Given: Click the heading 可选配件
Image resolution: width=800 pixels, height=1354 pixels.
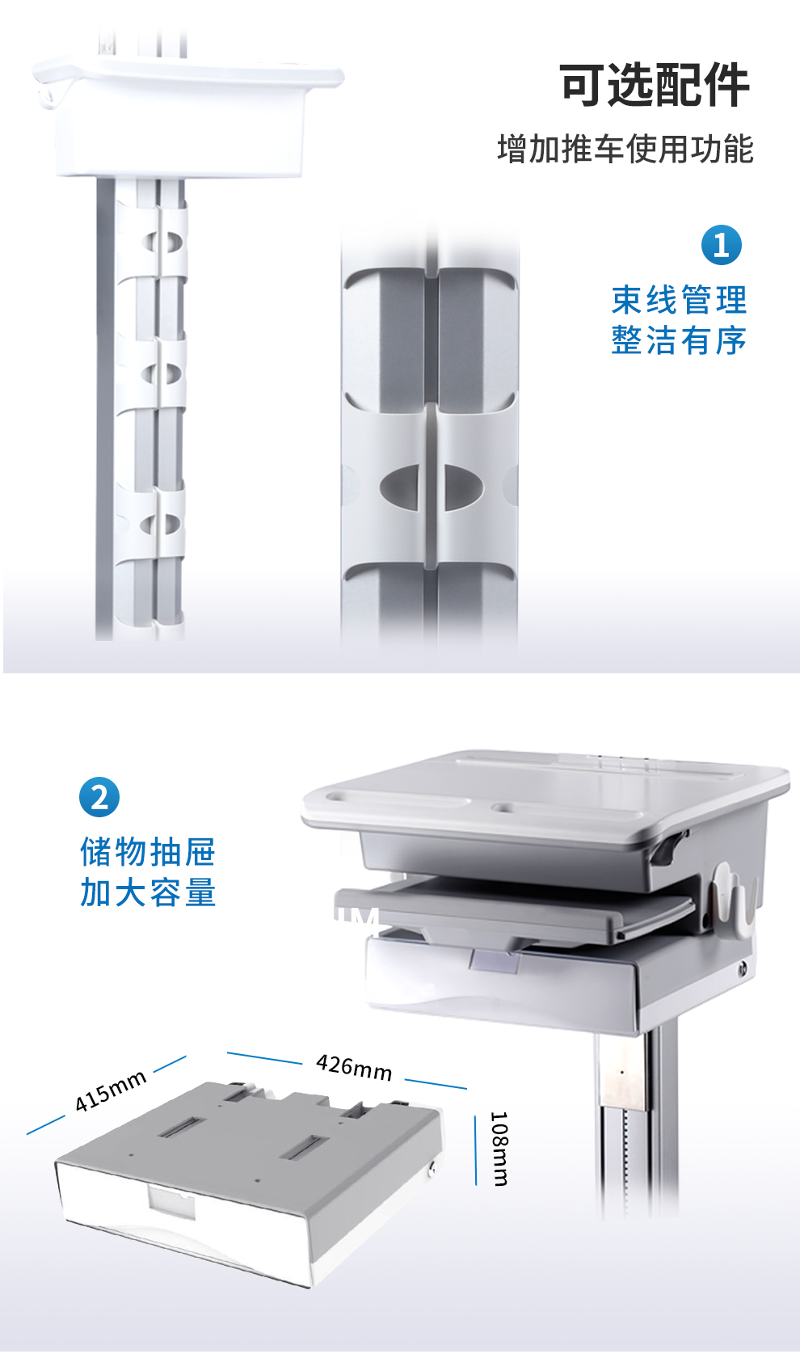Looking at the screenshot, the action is (655, 85).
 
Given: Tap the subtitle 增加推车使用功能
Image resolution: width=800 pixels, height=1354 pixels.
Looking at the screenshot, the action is (625, 150).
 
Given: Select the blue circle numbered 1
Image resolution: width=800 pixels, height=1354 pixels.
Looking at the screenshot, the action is (722, 245).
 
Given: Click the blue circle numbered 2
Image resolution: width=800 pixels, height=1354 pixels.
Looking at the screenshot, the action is (99, 797).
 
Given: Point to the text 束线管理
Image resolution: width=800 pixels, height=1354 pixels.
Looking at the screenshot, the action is (679, 300).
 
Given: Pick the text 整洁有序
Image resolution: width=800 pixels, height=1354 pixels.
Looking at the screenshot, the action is (679, 340).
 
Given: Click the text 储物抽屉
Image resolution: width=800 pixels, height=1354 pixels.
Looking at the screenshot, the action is (148, 852).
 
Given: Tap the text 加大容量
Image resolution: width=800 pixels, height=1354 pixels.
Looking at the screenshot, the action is (148, 892).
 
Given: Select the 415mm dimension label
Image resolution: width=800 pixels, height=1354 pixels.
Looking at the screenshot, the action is (111, 1091).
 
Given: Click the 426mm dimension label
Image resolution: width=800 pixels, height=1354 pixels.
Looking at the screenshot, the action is (354, 1068).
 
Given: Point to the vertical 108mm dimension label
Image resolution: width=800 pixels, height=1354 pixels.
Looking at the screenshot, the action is (499, 1149).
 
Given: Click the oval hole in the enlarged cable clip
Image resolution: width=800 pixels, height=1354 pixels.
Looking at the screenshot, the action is (431, 487).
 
